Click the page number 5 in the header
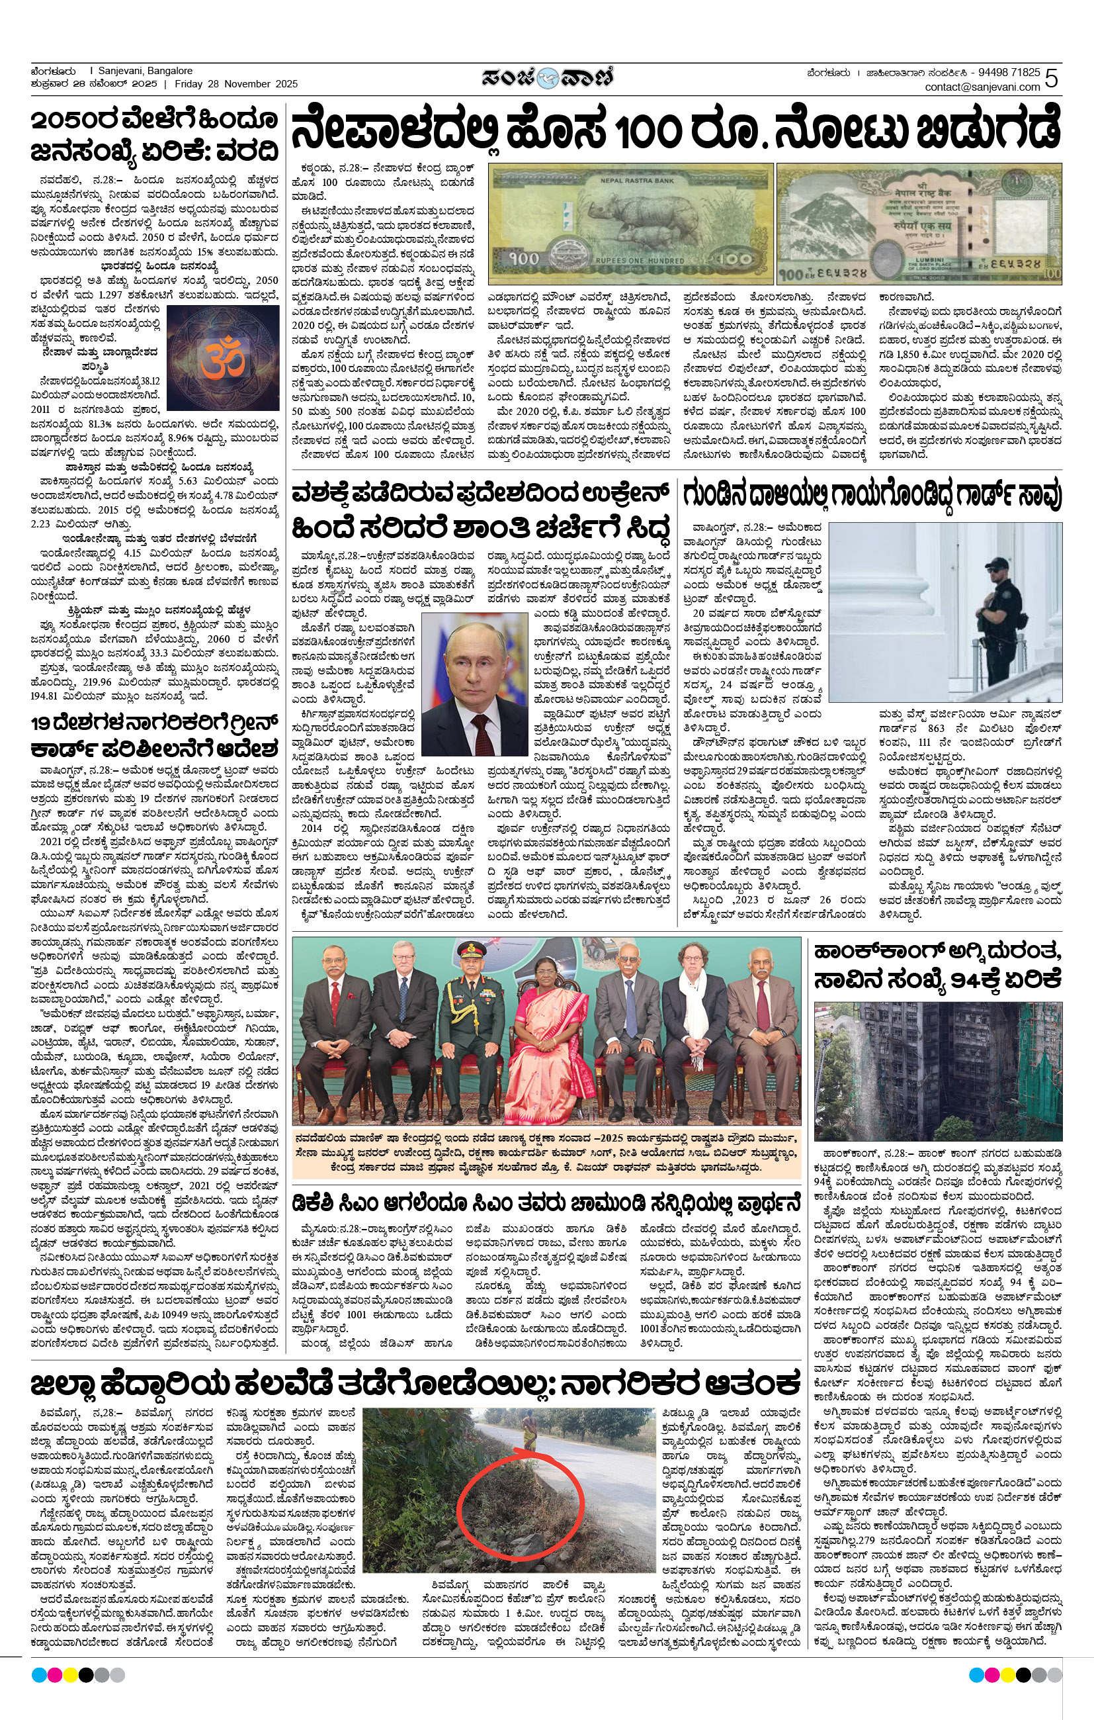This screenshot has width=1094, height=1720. point(1051,78)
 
